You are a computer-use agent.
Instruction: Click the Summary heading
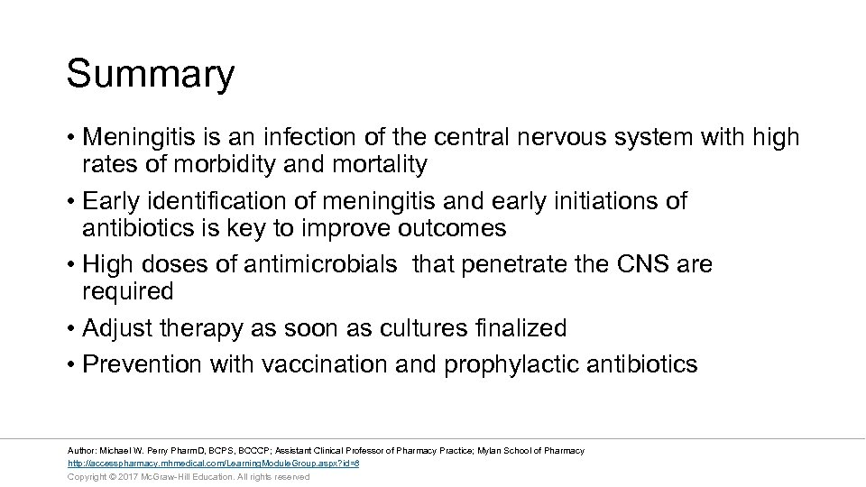click(x=150, y=75)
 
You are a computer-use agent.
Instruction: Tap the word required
click(x=127, y=291)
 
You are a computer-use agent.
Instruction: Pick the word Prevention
click(x=143, y=364)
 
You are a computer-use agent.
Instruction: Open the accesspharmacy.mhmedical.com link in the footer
click(x=214, y=464)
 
